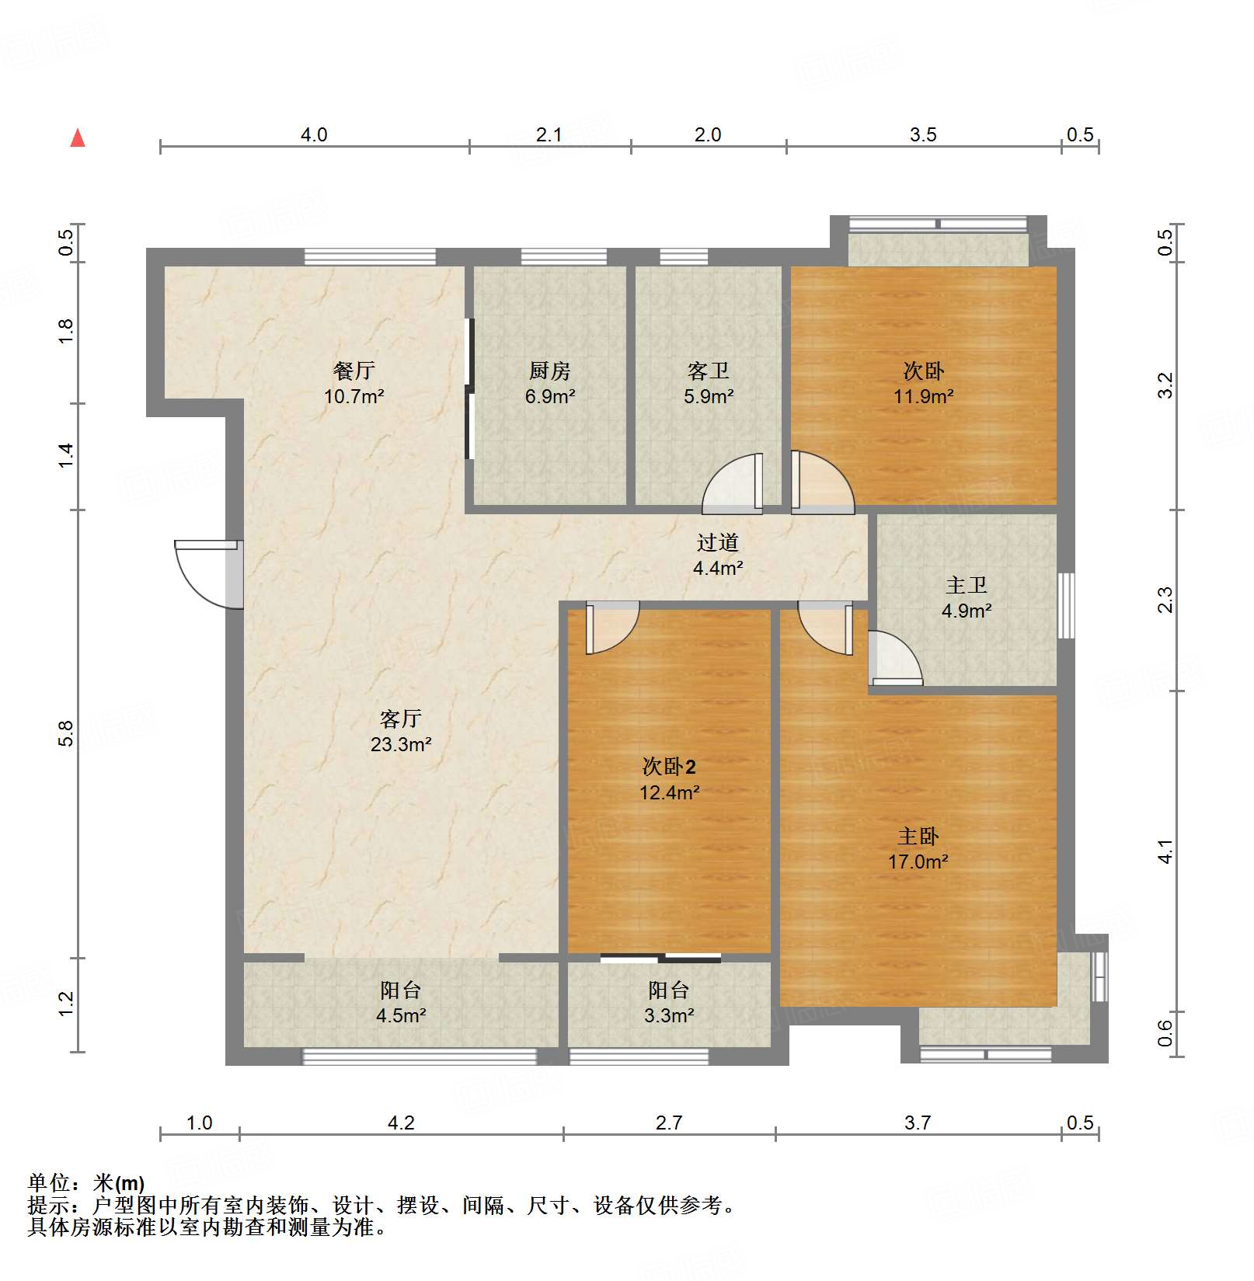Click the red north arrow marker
78,137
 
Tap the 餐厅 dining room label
354,371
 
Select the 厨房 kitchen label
550,371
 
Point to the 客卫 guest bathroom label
709,371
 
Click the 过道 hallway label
718,542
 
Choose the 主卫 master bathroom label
967,585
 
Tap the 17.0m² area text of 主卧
918,862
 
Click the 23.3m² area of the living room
401,744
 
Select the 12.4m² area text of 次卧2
670,792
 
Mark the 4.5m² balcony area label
401,1015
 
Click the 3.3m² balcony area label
669,1015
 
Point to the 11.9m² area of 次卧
924,396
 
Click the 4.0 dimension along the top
314,134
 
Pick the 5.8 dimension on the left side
66,734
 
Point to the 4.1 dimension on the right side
1165,851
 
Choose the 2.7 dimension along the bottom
669,1123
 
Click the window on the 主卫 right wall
1066,606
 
